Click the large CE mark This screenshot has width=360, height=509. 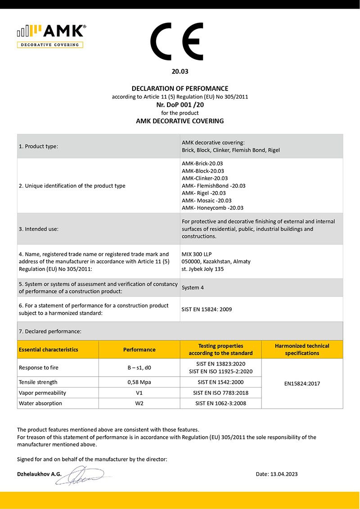[x=180, y=42]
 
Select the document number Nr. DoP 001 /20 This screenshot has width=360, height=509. [x=180, y=104]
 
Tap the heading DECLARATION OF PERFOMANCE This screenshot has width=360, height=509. [x=180, y=89]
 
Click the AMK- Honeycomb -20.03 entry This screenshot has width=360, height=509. [x=212, y=208]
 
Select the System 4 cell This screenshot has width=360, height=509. [x=193, y=288]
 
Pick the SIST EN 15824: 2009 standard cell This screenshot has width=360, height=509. [x=207, y=309]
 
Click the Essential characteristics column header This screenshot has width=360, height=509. [x=49, y=350]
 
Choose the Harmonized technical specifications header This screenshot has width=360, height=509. [x=302, y=350]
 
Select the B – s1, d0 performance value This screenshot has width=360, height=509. [x=139, y=368]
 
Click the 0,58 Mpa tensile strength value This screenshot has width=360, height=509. [x=139, y=382]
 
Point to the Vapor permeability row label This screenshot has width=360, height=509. [x=40, y=393]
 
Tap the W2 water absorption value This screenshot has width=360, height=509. [x=139, y=403]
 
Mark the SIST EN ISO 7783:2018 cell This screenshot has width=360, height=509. [x=220, y=393]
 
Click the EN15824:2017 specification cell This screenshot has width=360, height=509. [x=302, y=384]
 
